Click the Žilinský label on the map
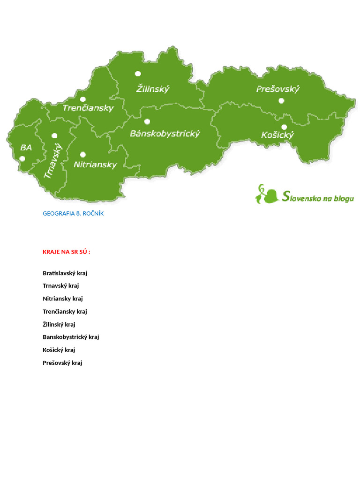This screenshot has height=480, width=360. [153, 89]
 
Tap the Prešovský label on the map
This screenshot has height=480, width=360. [277, 89]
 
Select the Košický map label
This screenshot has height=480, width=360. [277, 135]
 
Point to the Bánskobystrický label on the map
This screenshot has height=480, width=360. [165, 134]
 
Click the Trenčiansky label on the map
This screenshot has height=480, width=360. [88, 108]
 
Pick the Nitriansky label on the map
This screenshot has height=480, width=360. [95, 165]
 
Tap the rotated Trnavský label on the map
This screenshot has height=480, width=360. [53, 161]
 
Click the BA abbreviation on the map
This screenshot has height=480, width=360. [26, 148]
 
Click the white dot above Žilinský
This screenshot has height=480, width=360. [138, 74]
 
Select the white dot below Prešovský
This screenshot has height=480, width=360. [281, 100]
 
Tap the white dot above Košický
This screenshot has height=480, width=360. [284, 127]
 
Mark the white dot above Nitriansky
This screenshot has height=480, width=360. [83, 154]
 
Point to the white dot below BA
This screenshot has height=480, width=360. [22, 158]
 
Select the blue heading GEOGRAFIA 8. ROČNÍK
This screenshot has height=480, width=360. [73, 213]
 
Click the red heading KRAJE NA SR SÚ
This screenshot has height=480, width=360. [67, 252]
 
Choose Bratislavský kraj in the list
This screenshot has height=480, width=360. [65, 273]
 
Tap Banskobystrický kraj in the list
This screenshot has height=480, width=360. [71, 337]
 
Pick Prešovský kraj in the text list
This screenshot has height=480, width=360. [62, 362]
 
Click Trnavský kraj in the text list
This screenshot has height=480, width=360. [61, 285]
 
